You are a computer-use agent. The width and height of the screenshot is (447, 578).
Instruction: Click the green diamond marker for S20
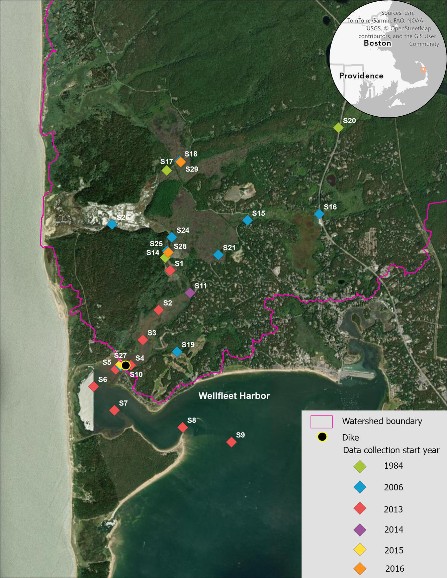(x=338, y=127)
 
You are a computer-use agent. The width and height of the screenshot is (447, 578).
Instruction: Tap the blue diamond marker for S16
(x=319, y=214)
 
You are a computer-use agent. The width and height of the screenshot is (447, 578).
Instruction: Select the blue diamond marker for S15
(x=247, y=220)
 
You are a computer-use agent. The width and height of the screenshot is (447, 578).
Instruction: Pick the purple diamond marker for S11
(x=190, y=293)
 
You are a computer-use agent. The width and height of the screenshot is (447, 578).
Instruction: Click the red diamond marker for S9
(x=231, y=442)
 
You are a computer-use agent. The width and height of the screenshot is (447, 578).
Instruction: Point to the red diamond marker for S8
(x=182, y=427)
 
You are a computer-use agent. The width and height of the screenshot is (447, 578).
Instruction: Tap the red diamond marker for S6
(x=94, y=386)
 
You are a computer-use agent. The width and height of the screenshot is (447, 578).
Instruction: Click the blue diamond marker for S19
(x=177, y=352)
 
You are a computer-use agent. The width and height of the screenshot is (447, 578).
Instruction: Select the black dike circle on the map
(x=125, y=365)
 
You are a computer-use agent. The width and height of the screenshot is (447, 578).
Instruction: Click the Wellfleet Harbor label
(x=234, y=396)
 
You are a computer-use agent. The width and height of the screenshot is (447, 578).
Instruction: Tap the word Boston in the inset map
(x=377, y=43)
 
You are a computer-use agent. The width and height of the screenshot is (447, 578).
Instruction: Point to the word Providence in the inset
(x=361, y=76)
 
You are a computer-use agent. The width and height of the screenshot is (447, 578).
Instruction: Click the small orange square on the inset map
(x=423, y=70)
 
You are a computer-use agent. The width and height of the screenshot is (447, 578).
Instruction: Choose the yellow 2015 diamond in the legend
(x=360, y=550)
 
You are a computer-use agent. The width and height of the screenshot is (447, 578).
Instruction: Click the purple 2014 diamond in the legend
(x=360, y=530)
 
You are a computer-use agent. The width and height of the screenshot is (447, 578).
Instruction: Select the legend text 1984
(x=393, y=466)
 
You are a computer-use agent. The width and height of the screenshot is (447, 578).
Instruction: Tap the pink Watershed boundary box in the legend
(x=322, y=422)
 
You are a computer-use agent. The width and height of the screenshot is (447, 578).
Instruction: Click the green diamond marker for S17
(x=167, y=170)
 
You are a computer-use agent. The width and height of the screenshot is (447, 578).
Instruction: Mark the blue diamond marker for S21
(x=218, y=255)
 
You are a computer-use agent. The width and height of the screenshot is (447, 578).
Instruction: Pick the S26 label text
(x=123, y=217)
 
